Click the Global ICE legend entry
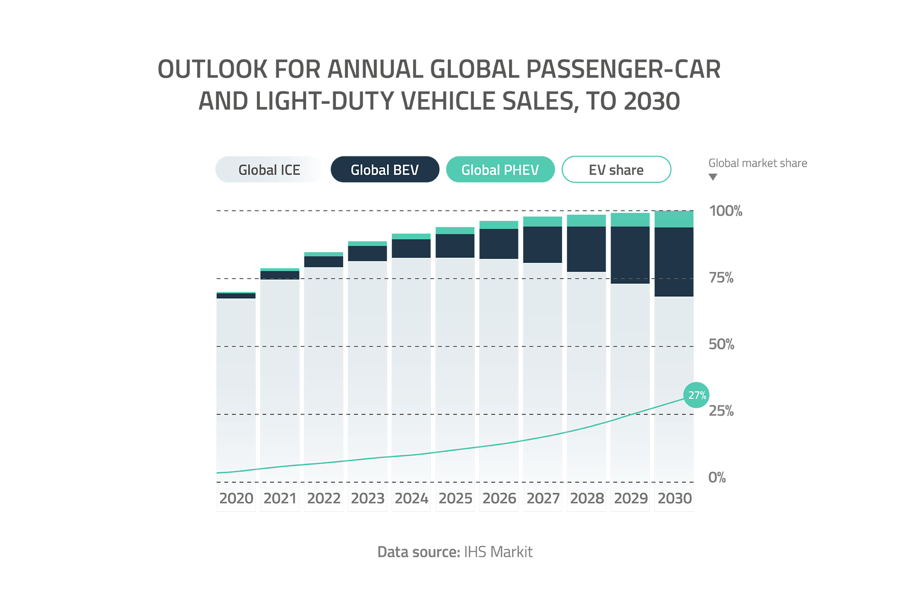[x=269, y=170]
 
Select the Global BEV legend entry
[x=384, y=170]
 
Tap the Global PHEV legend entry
[x=500, y=170]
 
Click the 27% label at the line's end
[x=697, y=395]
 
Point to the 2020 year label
[x=236, y=498]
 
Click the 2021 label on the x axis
[x=280, y=498]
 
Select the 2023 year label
[x=368, y=498]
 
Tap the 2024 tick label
[x=411, y=498]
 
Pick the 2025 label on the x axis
[x=455, y=498]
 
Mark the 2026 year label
[x=499, y=498]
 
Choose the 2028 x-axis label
[x=587, y=498]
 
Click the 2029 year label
[x=631, y=498]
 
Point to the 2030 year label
[x=674, y=498]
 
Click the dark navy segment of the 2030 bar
[x=673, y=262]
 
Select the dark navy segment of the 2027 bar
[x=543, y=245]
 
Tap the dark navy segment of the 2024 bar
[x=410, y=248]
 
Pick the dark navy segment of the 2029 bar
[x=630, y=255]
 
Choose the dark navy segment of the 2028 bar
[x=586, y=249]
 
